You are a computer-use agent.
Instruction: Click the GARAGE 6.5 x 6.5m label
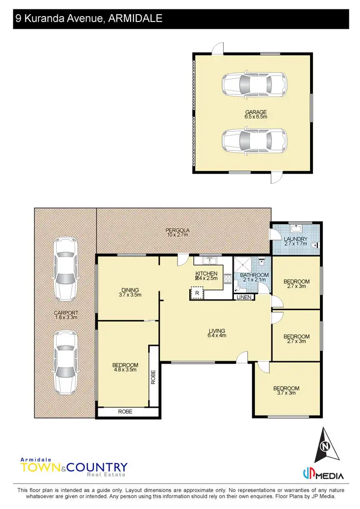click(x=256, y=115)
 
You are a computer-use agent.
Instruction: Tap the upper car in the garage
click(x=254, y=86)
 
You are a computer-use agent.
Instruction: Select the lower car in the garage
click(x=254, y=142)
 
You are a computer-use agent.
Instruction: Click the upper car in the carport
click(x=65, y=269)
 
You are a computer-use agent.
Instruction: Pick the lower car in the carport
click(x=65, y=362)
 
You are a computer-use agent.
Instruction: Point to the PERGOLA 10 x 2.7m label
click(x=177, y=232)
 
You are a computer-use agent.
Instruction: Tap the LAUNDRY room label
click(x=295, y=241)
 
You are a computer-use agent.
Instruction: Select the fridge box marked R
click(x=197, y=293)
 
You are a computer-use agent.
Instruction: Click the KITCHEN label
click(x=206, y=276)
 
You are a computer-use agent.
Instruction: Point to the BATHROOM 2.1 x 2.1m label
click(x=254, y=278)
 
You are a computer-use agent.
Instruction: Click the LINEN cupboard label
click(x=243, y=297)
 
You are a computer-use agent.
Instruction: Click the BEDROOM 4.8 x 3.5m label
click(x=125, y=367)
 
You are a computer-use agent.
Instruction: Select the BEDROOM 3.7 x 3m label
click(x=286, y=391)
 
